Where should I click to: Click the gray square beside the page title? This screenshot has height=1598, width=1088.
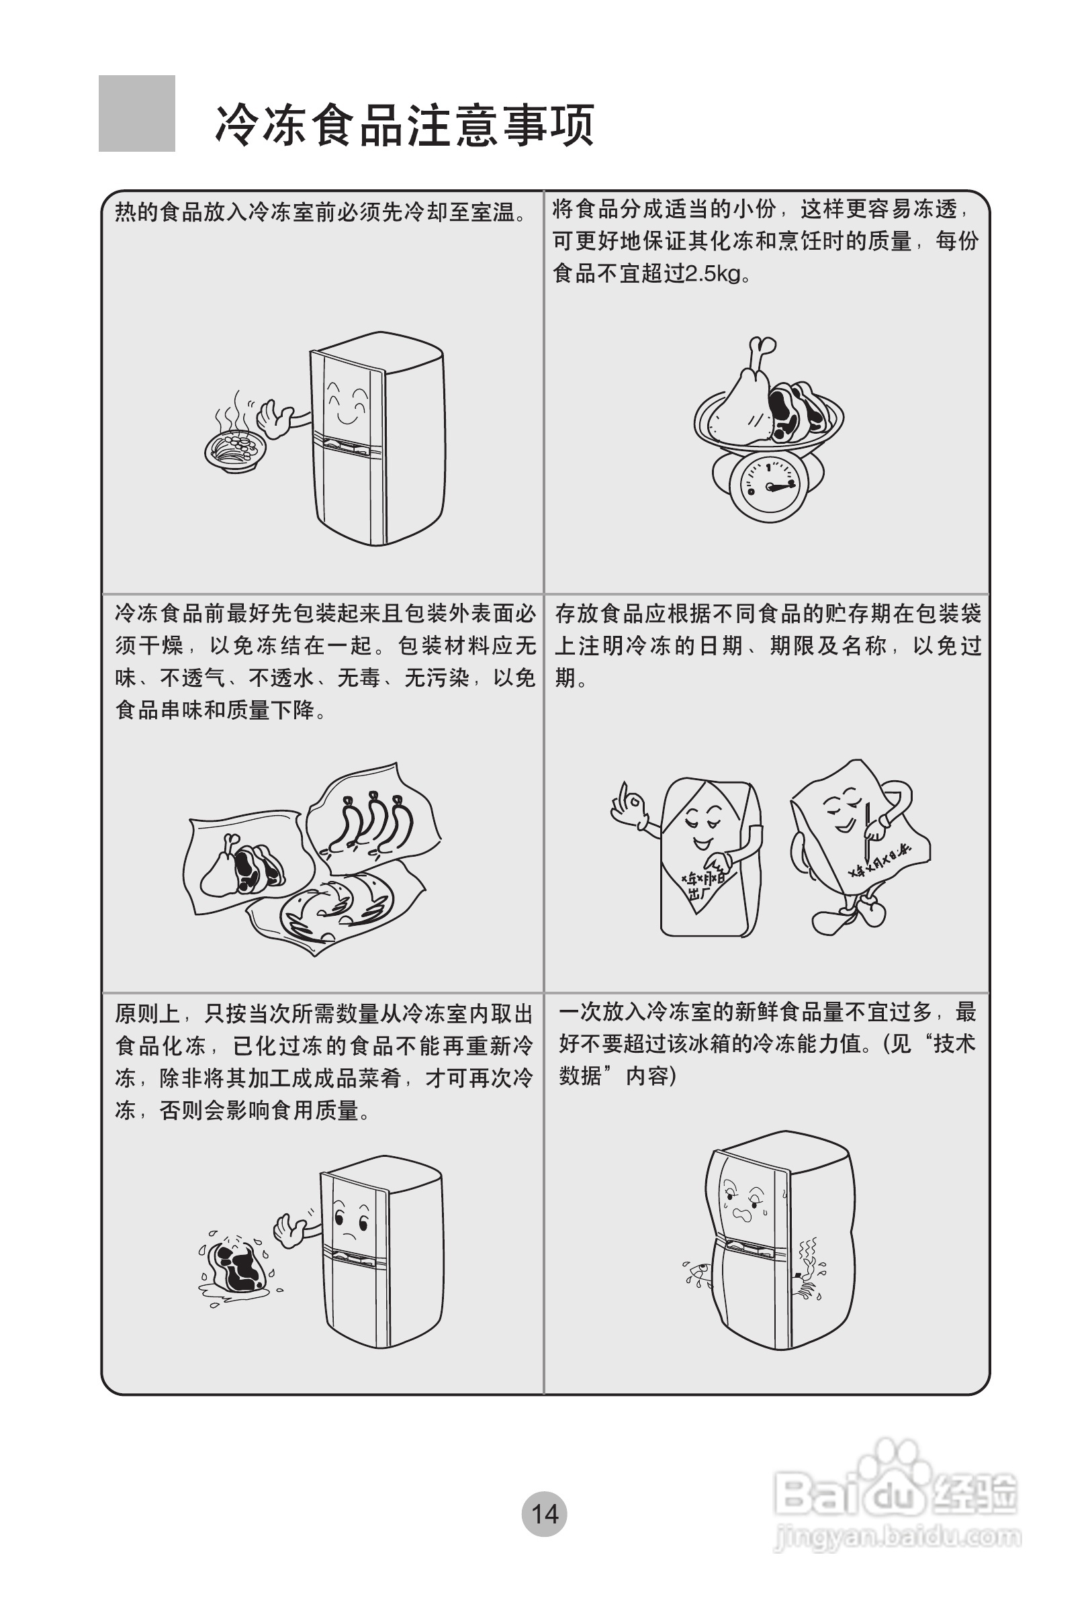pyautogui.click(x=136, y=113)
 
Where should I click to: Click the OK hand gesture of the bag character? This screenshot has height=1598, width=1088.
pyautogui.click(x=629, y=804)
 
